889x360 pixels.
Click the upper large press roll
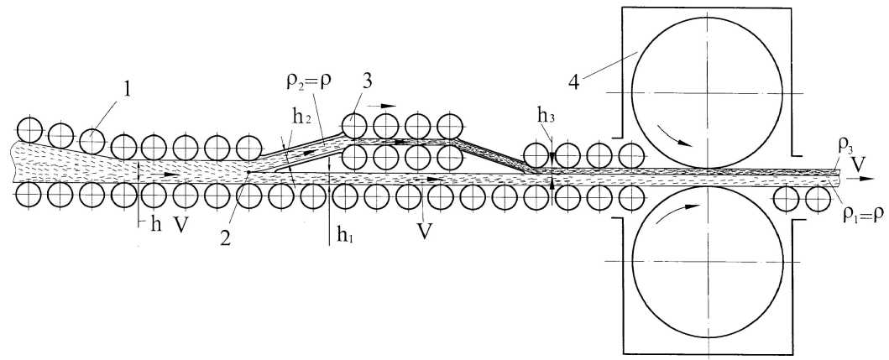(707, 92)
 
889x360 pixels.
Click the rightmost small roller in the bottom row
(817, 199)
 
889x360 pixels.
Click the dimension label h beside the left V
(152, 227)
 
